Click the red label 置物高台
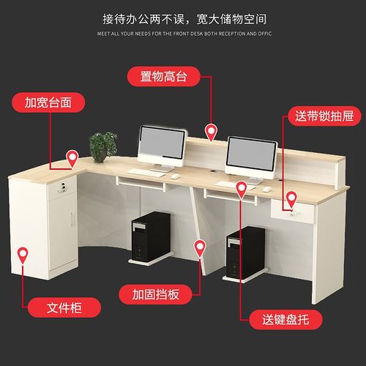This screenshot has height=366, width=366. (165, 75)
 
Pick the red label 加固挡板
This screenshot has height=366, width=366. (157, 294)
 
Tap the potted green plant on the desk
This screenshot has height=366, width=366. (103, 146)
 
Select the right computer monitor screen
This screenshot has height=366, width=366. (250, 153)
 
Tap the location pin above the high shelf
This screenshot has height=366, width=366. (211, 132)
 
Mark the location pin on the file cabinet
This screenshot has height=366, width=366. (23, 255)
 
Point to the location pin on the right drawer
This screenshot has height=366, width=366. (291, 198)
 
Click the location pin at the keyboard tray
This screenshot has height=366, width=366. (241, 190)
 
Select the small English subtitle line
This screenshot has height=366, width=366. (183, 34)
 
